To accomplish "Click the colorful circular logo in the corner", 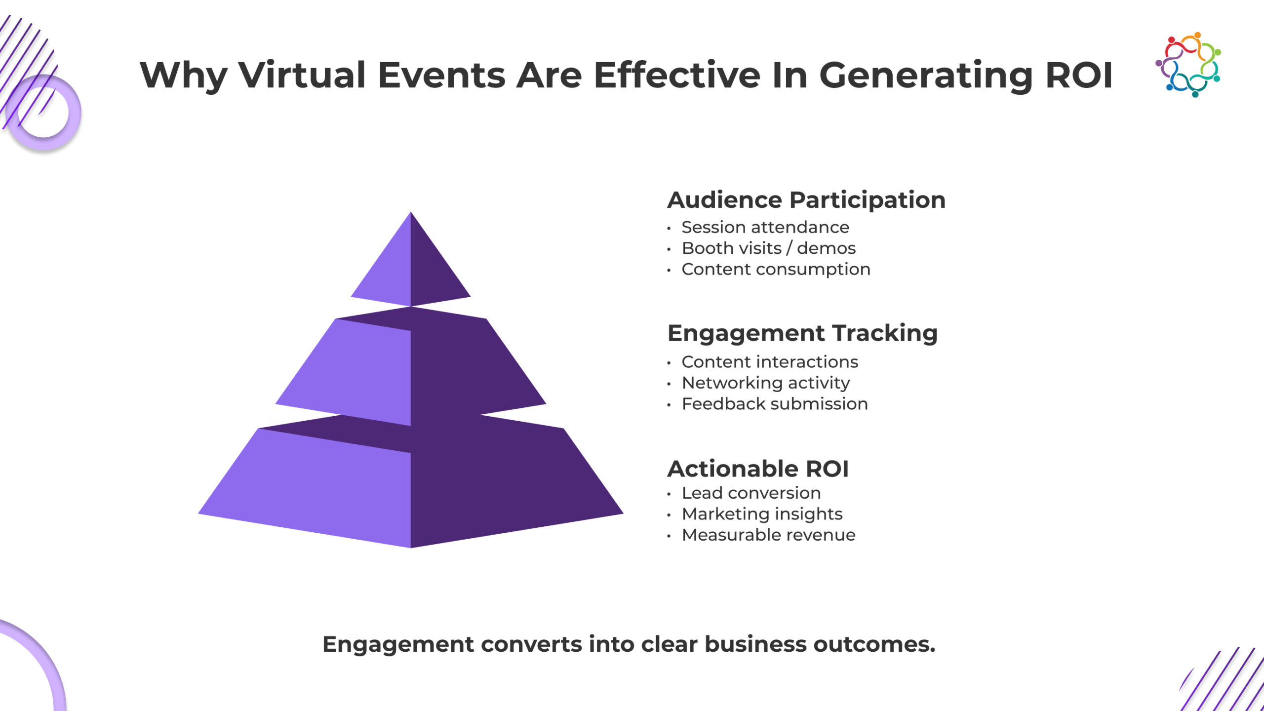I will tap(1188, 64).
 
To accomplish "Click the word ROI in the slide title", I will tap(1079, 75).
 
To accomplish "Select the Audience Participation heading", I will tap(806, 200).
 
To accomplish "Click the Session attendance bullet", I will tap(765, 227).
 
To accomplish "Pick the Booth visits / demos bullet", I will tap(768, 248).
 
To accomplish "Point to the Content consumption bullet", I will tap(775, 269).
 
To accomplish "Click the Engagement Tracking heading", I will tap(802, 333).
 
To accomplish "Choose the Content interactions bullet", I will tap(769, 362).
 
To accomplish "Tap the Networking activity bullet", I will tap(765, 383).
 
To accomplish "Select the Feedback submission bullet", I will tap(774, 404).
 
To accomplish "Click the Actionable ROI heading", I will tap(758, 469).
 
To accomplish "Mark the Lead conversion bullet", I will tap(750, 493).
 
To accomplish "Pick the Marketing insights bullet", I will tap(761, 514).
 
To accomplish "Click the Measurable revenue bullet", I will tap(768, 535).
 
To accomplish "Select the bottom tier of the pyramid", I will tap(411, 489).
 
